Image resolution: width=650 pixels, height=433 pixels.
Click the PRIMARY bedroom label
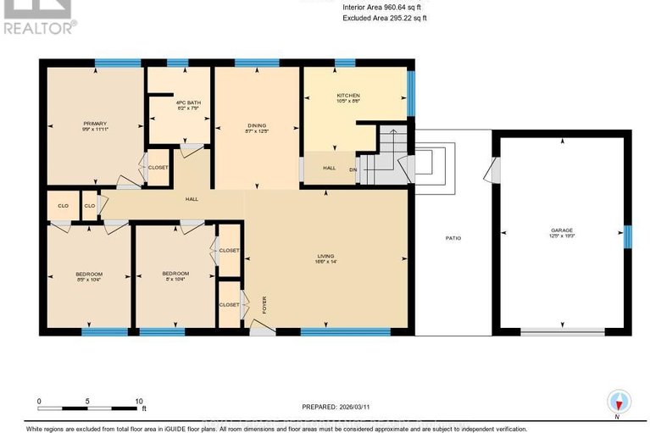tap(94, 123)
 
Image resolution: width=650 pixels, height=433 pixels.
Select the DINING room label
tap(255, 125)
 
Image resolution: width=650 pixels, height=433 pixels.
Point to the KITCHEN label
tap(348, 96)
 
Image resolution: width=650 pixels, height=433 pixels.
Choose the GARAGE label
tap(562, 230)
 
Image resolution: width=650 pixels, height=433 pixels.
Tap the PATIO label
tap(453, 238)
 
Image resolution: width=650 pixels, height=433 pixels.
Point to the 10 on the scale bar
tap(139, 401)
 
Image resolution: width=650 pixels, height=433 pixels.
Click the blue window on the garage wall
tap(627, 237)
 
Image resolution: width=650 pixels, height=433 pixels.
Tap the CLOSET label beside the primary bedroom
tap(158, 167)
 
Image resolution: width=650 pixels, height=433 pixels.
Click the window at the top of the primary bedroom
tap(117, 63)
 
